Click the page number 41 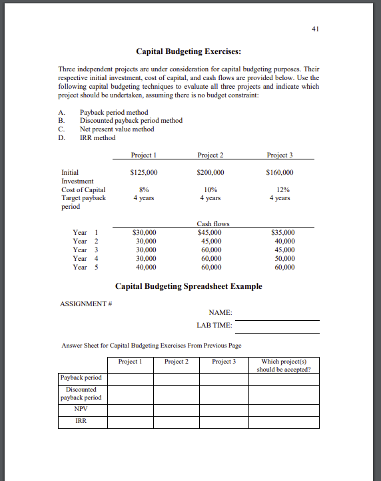[x=315, y=29]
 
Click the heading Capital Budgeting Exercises [x=189, y=51]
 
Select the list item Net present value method [x=117, y=129]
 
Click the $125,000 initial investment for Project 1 [x=145, y=172]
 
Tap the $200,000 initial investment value [x=210, y=172]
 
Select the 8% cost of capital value [x=144, y=189]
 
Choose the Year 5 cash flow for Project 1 [x=146, y=267]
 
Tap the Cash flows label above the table [x=213, y=224]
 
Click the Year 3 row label [x=85, y=250]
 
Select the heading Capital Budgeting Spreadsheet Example [x=189, y=287]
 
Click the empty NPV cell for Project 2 [x=177, y=409]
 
